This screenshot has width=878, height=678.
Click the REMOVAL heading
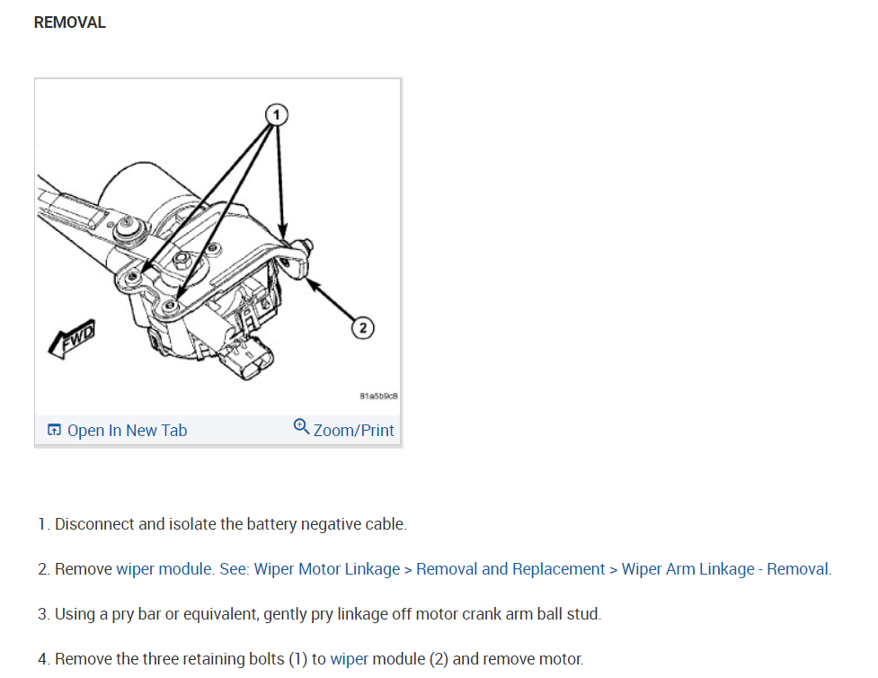coord(69,23)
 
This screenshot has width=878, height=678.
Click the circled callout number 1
coord(278,114)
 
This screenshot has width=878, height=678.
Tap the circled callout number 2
coord(363,328)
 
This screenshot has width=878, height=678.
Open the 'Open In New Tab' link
coord(127,431)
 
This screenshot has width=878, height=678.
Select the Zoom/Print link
coord(353,431)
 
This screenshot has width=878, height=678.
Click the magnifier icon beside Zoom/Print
coord(302,426)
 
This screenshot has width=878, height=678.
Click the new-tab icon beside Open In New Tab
coord(55,431)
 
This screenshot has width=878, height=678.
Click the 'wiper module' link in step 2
coord(164,569)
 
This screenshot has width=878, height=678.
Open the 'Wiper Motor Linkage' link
coord(327,569)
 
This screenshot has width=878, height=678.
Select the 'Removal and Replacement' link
coord(510,569)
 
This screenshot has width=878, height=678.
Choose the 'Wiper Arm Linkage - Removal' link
coord(726,569)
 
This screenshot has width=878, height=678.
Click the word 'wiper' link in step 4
coord(349,659)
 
